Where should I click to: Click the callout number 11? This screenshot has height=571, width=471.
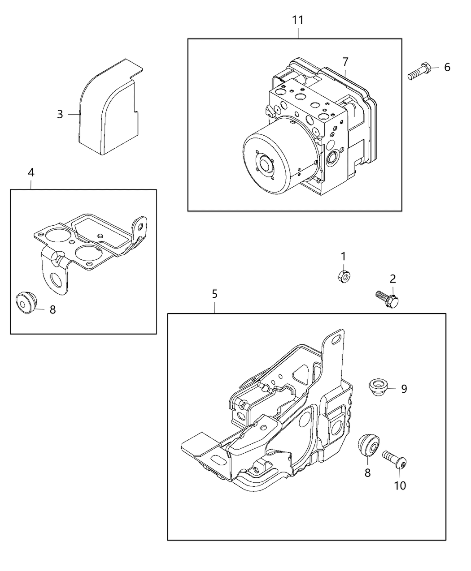pyautogui.click(x=298, y=20)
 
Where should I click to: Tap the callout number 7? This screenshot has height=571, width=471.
pyautogui.click(x=345, y=62)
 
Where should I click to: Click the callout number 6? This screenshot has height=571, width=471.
pyautogui.click(x=447, y=68)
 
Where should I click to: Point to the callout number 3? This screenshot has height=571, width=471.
pyautogui.click(x=60, y=114)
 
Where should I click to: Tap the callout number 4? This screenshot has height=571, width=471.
pyautogui.click(x=31, y=172)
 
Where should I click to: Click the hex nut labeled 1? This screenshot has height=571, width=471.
pyautogui.click(x=344, y=275)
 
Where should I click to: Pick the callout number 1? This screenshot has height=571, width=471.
pyautogui.click(x=344, y=256)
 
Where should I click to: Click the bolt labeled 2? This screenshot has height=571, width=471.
pyautogui.click(x=387, y=299)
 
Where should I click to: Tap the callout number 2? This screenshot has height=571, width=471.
pyautogui.click(x=393, y=279)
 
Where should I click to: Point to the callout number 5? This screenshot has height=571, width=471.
pyautogui.click(x=215, y=294)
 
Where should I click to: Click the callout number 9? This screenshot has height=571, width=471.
pyautogui.click(x=404, y=389)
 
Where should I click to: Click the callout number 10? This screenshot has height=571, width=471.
pyautogui.click(x=400, y=485)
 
